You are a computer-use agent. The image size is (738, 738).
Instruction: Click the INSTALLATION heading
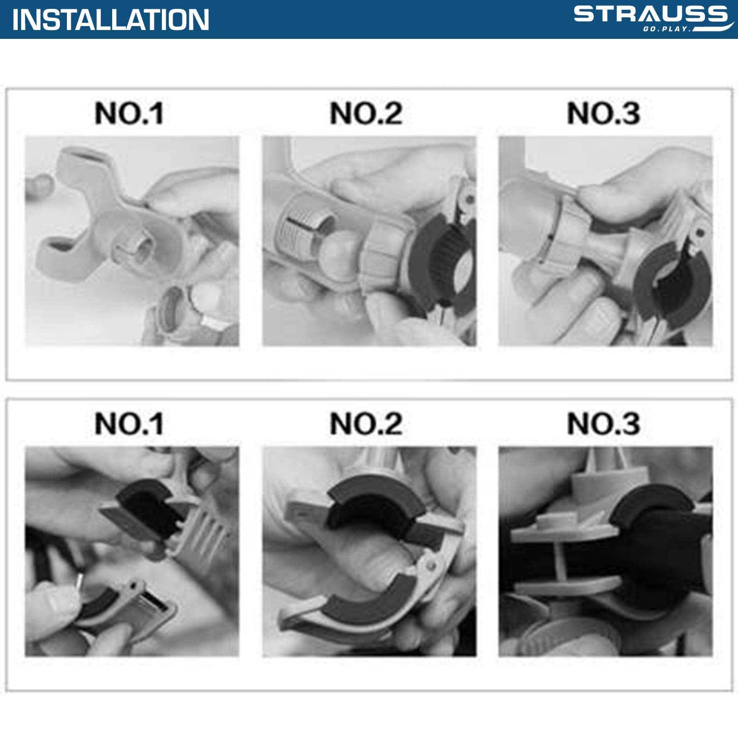[111, 20]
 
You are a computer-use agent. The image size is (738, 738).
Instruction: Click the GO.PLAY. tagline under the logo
[667, 29]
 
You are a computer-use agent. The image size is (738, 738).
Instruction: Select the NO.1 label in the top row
[129, 114]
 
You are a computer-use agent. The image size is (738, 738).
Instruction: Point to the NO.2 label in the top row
[367, 114]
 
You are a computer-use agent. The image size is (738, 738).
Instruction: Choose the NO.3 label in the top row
[604, 114]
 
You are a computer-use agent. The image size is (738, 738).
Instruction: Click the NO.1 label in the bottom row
[129, 424]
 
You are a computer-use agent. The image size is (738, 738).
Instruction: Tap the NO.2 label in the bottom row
[367, 424]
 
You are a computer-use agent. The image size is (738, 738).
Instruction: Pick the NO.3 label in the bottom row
[604, 424]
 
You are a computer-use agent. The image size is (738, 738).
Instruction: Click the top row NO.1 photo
[132, 241]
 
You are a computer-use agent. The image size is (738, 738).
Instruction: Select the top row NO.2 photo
[369, 241]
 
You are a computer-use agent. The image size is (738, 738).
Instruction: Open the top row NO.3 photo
[606, 241]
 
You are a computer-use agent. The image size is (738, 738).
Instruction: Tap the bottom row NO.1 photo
[132, 552]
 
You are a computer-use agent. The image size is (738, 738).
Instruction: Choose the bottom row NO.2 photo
[369, 552]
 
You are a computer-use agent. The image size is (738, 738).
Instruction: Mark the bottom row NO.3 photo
[606, 552]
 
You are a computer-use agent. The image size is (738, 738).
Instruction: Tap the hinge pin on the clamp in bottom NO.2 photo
[431, 566]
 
